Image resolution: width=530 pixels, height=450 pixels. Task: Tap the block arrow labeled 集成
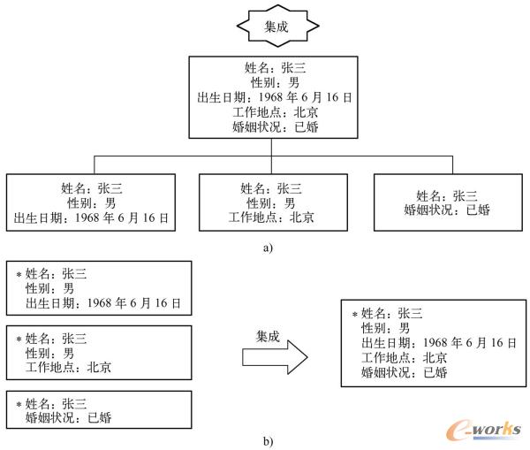click(x=275, y=355)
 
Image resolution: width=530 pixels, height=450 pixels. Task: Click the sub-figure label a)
click(x=268, y=248)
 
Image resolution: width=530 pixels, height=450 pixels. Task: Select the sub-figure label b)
click(x=268, y=439)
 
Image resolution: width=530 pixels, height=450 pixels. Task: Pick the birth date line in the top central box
click(x=276, y=97)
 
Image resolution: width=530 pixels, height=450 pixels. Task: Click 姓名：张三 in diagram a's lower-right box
click(x=446, y=195)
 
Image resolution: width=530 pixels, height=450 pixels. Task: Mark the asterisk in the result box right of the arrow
click(x=355, y=314)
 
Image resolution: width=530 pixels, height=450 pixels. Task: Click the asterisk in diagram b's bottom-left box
click(x=19, y=404)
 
